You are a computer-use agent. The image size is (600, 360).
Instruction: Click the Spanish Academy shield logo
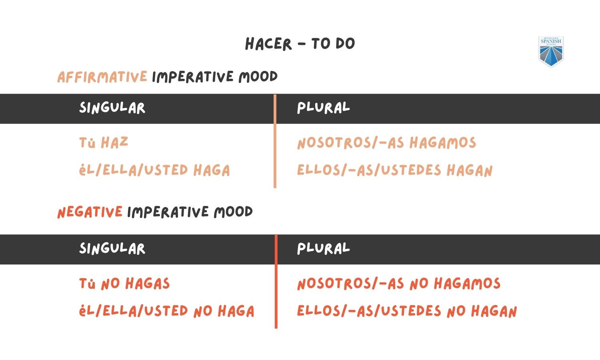551,52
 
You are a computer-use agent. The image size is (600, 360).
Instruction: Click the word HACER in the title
268,44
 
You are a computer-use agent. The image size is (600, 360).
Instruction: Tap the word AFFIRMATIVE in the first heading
102,77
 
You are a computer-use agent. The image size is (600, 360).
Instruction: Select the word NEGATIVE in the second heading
90,212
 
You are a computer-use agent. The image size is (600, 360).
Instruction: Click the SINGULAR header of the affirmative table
112,108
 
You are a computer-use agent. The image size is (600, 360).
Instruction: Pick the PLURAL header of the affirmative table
323,108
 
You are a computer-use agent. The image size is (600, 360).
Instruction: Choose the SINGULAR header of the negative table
112,249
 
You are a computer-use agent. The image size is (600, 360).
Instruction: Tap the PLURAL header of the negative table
323,249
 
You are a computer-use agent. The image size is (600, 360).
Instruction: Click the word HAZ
114,143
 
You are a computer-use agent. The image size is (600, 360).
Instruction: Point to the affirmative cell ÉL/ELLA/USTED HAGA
154,170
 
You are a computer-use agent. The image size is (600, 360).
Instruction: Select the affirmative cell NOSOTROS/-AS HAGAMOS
386,143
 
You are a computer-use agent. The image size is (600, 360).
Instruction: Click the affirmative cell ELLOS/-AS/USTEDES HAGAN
394,170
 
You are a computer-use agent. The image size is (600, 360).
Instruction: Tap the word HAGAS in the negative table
148,284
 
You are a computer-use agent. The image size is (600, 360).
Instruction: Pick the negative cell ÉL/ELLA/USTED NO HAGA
166,311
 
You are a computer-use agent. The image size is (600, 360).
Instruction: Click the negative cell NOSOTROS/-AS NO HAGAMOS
398,284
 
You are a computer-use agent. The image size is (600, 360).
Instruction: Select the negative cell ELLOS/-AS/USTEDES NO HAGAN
406,311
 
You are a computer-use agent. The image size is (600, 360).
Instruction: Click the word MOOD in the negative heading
233,212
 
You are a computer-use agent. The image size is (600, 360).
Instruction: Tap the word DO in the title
345,44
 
